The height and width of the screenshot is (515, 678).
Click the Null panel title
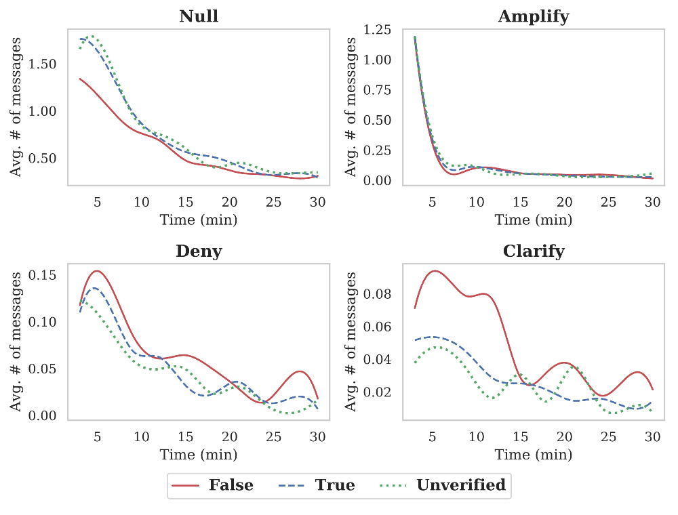click(199, 16)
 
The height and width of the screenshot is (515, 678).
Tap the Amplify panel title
click(534, 16)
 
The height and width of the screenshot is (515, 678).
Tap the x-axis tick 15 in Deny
click(186, 438)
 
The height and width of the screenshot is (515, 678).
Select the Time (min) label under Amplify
click(534, 220)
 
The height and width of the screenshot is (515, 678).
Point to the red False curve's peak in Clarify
click(434, 270)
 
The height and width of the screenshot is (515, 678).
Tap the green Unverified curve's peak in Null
click(91, 36)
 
